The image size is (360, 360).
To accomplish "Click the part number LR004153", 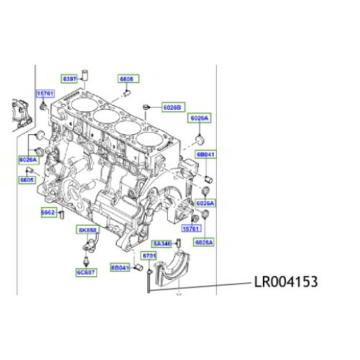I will pos(285,282).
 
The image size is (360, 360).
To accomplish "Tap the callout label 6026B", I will pos(173,107).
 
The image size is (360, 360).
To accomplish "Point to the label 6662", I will pos(48,213).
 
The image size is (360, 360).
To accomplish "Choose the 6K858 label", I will pos(87,230).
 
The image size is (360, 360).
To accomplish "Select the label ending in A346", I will pos(162,243).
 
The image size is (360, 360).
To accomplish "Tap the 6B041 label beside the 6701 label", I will pos(121,268).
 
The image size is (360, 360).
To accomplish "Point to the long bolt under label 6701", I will pos(149,282).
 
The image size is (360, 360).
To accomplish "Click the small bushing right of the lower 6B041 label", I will pos(138,268).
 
